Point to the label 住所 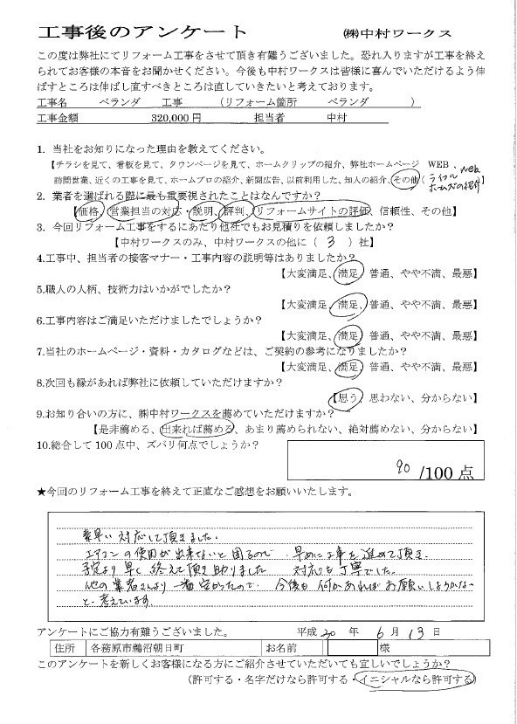tap(64, 649)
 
